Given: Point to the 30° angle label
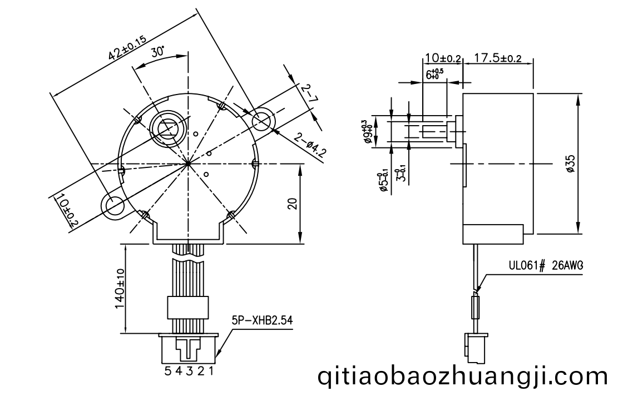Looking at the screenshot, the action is click(x=158, y=52).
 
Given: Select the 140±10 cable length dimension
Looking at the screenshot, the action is click(x=120, y=288).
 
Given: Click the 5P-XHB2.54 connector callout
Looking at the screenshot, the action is click(x=262, y=321).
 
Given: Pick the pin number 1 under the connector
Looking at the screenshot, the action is click(x=211, y=371).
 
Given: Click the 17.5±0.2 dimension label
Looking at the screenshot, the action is click(x=497, y=58).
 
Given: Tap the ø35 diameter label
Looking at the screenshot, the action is click(x=571, y=164).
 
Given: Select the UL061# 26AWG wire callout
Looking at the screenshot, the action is click(x=546, y=266).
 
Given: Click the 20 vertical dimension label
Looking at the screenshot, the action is click(x=293, y=203).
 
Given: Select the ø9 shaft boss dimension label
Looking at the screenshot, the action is click(x=367, y=132).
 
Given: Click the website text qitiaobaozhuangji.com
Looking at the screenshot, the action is click(x=463, y=377).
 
